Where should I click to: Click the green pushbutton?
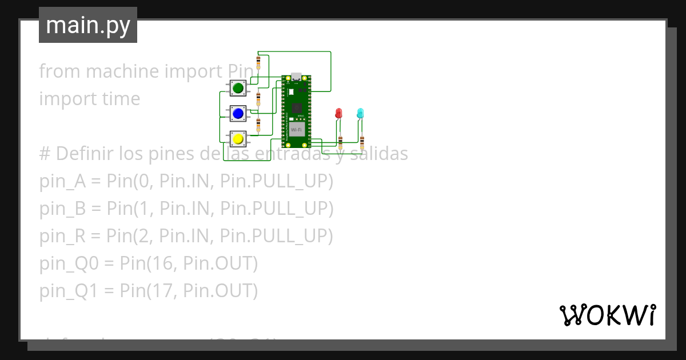238,88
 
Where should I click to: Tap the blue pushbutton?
238,113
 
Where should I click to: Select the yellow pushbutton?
238,138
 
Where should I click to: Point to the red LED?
338,113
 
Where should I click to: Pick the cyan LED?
360,113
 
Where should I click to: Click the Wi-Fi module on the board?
296,129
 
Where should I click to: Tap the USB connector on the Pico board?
296,77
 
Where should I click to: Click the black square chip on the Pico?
296,107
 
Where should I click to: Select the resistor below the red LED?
341,141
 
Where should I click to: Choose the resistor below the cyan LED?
362,141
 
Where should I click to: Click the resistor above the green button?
258,62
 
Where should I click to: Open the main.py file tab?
88,26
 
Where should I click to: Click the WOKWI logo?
607,315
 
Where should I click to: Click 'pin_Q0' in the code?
61,264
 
